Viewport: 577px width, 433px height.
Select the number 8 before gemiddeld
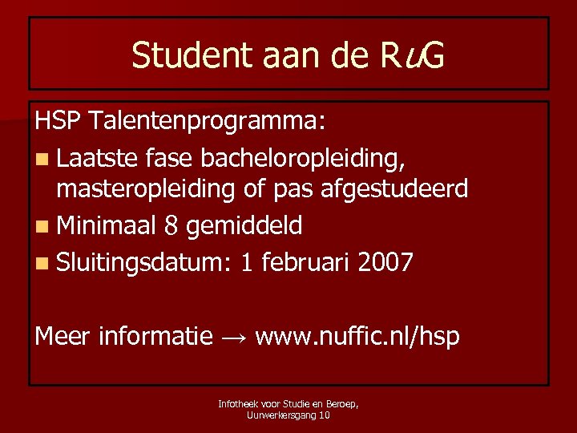coord(169,225)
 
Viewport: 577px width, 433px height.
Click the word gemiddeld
coord(243,225)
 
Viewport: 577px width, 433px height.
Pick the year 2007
coord(386,261)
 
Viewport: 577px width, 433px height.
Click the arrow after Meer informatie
coord(233,337)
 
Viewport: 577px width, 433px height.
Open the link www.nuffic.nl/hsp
coord(357,337)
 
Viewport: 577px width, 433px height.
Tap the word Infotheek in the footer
coord(236,405)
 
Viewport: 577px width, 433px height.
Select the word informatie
coord(155,336)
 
